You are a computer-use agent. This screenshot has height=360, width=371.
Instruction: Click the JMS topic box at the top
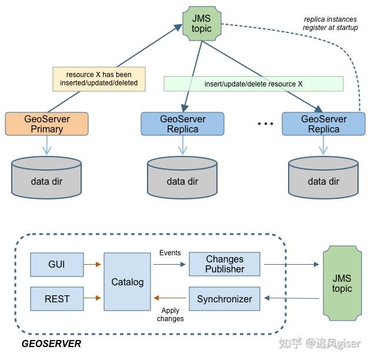(201, 23)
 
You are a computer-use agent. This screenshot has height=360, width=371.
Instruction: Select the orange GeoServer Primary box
(47, 124)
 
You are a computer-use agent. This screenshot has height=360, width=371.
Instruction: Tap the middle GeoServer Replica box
(182, 124)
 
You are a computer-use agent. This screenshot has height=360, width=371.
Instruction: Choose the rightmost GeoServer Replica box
(323, 124)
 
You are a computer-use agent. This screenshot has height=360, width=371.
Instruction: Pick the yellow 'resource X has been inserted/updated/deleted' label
(98, 79)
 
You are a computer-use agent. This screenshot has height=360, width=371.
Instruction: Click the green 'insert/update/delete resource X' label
(253, 84)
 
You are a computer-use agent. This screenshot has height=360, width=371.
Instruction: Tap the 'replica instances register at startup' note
(330, 24)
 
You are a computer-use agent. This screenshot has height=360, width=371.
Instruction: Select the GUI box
(56, 264)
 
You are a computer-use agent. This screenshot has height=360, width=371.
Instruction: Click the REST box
(57, 299)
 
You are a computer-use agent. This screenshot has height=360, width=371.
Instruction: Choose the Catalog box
(127, 282)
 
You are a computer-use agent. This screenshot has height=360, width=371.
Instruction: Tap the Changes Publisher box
(225, 264)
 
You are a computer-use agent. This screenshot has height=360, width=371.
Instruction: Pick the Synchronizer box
(225, 299)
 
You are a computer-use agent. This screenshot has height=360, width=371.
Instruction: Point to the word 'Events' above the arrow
(170, 253)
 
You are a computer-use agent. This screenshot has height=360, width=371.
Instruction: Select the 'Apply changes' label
(170, 314)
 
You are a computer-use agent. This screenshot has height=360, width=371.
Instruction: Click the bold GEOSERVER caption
(51, 343)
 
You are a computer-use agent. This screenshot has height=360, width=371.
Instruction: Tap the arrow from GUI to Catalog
(93, 264)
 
